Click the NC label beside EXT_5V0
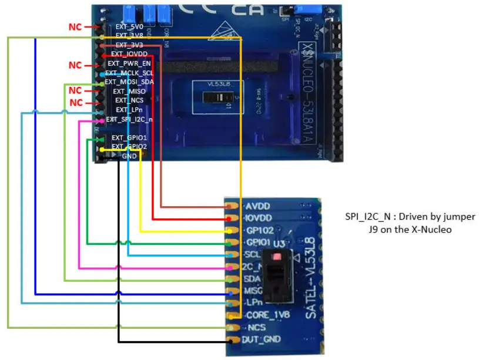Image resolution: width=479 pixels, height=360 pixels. (x=75, y=26)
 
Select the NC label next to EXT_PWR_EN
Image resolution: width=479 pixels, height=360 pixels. (x=75, y=65)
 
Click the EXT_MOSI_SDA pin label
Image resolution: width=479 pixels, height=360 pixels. (x=129, y=82)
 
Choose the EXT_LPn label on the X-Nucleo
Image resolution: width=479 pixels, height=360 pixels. (x=129, y=110)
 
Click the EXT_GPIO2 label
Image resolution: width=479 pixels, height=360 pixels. (x=129, y=146)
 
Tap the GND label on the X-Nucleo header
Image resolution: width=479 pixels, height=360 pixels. (x=129, y=156)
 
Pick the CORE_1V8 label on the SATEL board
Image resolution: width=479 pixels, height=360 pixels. (x=268, y=315)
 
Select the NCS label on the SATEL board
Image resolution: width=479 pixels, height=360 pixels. (x=257, y=327)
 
